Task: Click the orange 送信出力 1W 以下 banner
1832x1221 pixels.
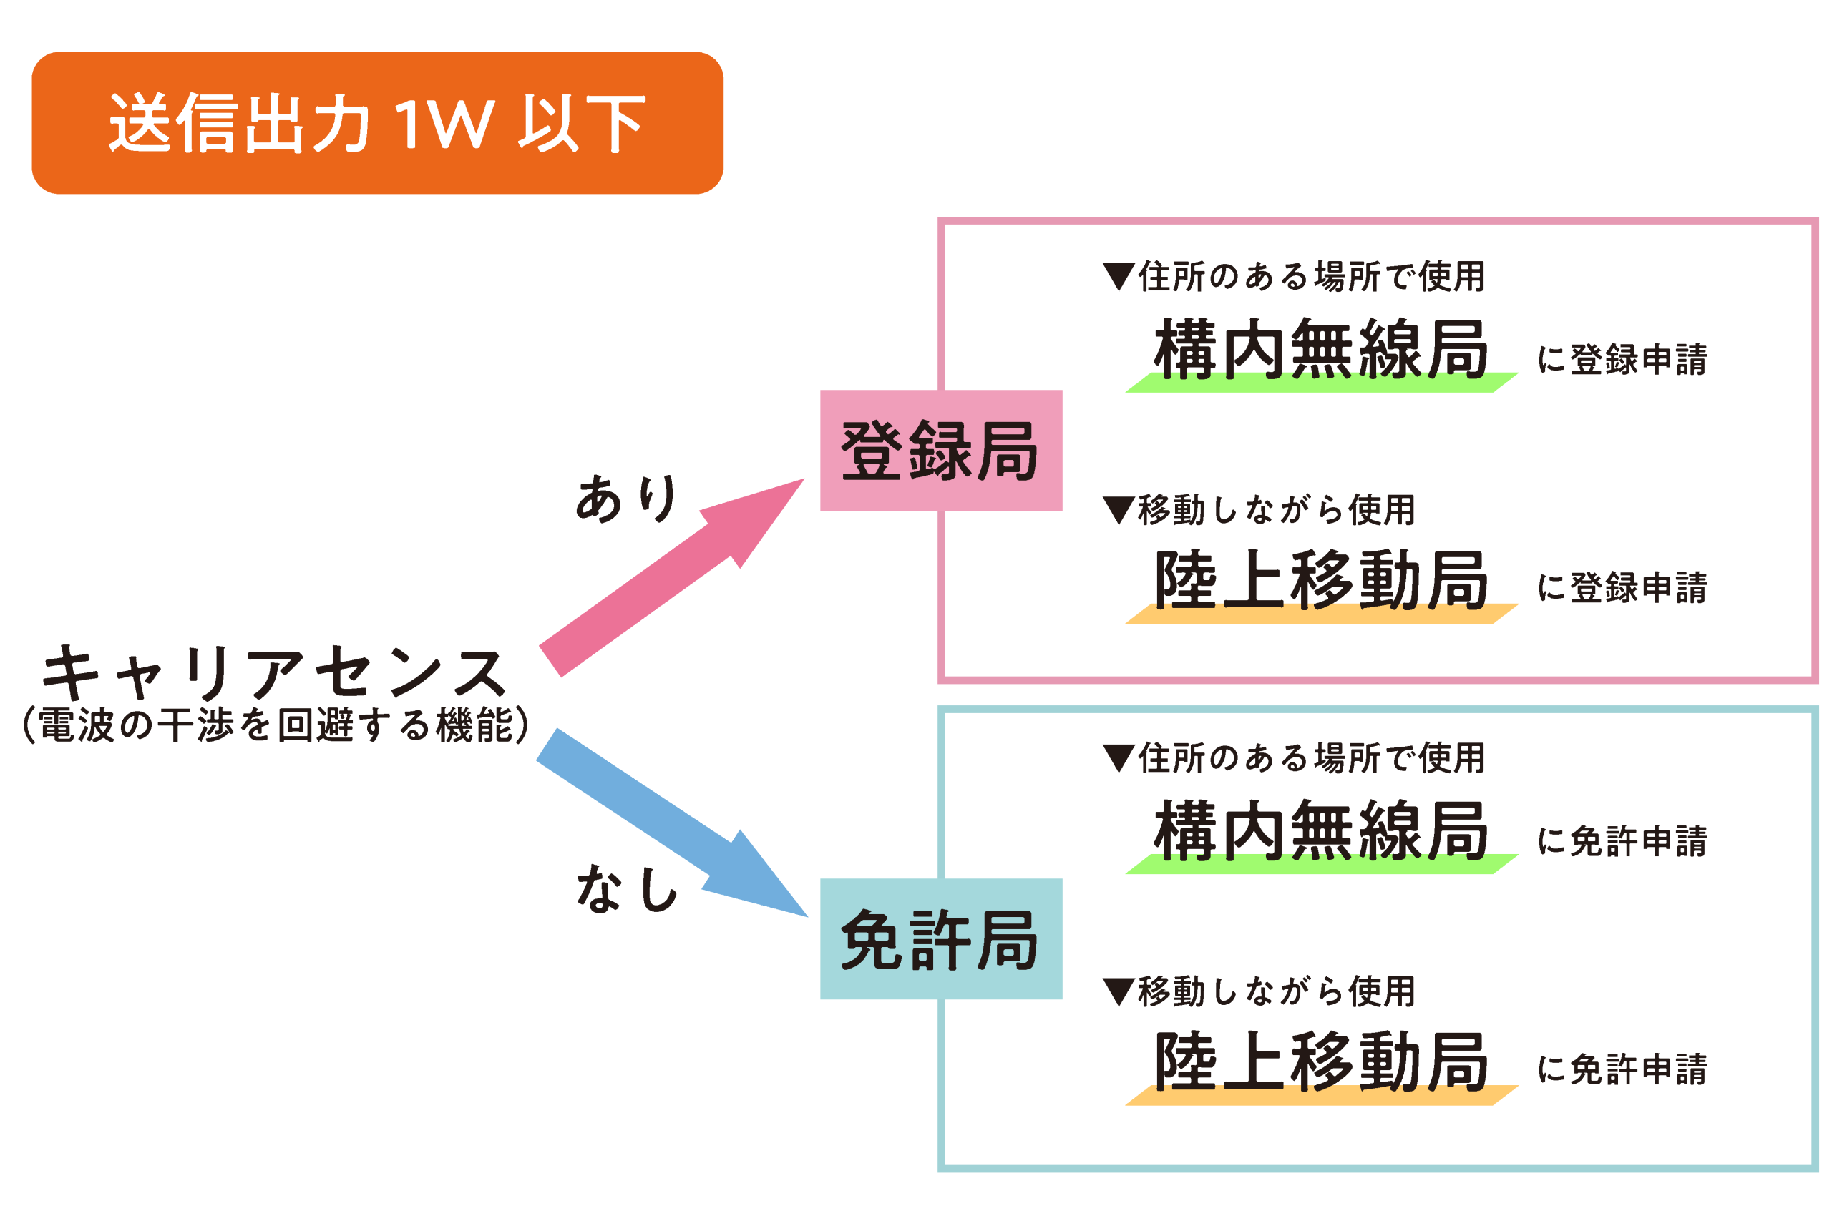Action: [377, 123]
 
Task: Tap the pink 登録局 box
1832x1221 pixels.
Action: [940, 451]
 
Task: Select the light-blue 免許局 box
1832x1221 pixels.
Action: [940, 939]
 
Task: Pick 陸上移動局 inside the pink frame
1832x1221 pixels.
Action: [1320, 581]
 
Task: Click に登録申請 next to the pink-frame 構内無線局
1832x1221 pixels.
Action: [1622, 360]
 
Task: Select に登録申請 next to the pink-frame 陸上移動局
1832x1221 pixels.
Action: [1622, 588]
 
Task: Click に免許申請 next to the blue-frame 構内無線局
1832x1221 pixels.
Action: [1622, 842]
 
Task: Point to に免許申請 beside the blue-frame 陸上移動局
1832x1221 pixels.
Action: [1622, 1070]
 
